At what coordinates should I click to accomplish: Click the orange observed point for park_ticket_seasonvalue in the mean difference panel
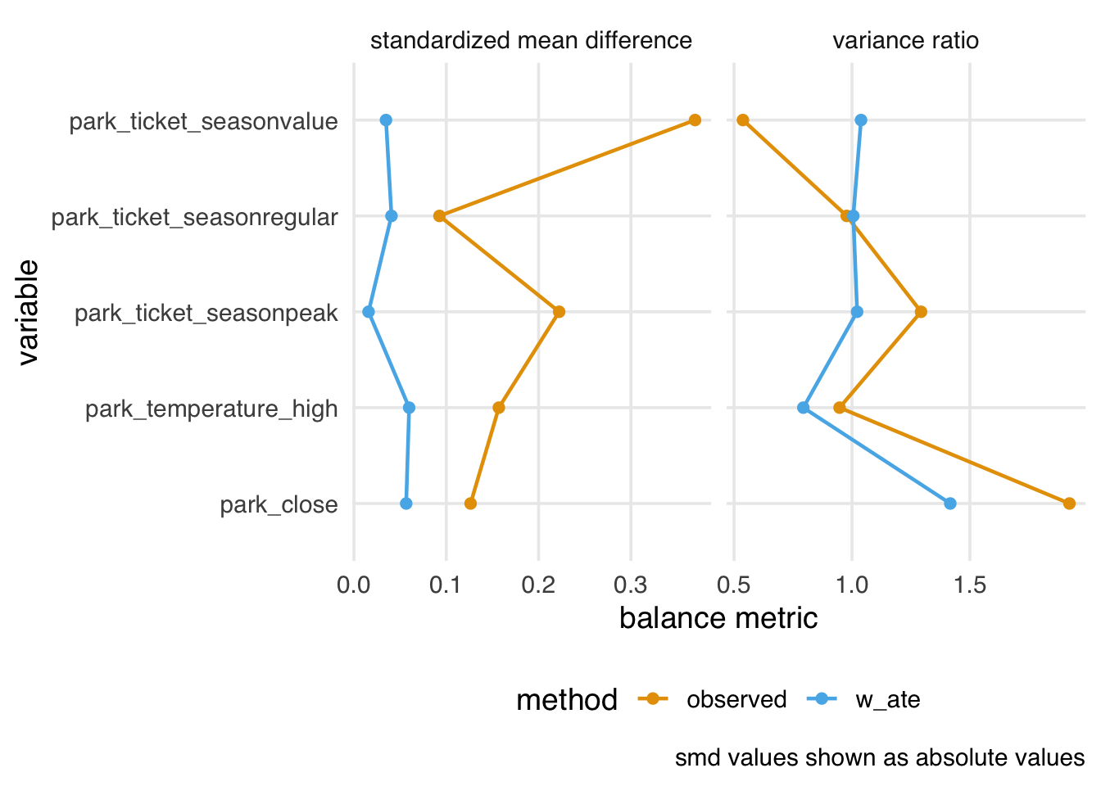click(x=695, y=120)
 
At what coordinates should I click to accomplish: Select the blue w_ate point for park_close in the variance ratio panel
click(x=950, y=504)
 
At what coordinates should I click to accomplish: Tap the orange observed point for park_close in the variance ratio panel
click(x=1069, y=504)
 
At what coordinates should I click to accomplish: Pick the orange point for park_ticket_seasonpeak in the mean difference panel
click(x=559, y=312)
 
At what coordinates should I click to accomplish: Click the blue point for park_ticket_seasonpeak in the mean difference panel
click(x=369, y=312)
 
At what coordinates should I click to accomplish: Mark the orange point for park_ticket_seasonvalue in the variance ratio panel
click(x=743, y=120)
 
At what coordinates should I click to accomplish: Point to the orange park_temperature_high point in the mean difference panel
click(x=499, y=408)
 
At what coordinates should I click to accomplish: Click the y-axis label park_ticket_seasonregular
click(x=195, y=218)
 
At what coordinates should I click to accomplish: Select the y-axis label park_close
click(x=279, y=505)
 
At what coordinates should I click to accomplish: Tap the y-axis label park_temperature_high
click(x=211, y=409)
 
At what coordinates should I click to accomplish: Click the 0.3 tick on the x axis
click(x=631, y=585)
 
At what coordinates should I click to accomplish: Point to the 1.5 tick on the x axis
click(x=970, y=585)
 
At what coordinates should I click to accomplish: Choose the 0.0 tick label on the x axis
click(x=354, y=585)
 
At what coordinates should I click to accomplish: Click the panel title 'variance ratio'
click(x=905, y=41)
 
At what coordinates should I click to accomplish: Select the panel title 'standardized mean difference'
click(x=531, y=41)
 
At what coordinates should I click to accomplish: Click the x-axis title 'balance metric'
click(x=718, y=618)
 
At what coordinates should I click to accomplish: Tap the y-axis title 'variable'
click(x=28, y=312)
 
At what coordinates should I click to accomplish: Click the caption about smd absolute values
click(x=880, y=758)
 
